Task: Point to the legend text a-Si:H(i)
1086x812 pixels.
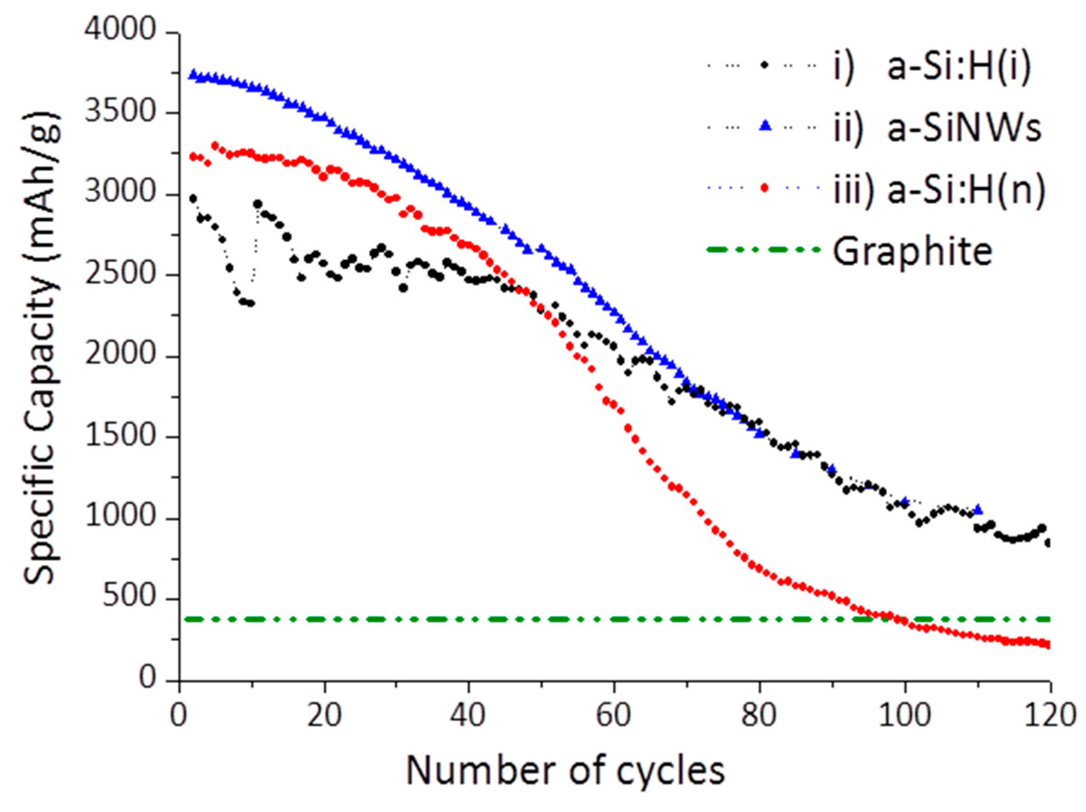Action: [x=960, y=67]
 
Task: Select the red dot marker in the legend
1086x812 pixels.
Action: [x=764, y=188]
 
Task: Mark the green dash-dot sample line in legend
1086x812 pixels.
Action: [x=763, y=249]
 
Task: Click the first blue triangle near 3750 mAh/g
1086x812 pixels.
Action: [x=193, y=74]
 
